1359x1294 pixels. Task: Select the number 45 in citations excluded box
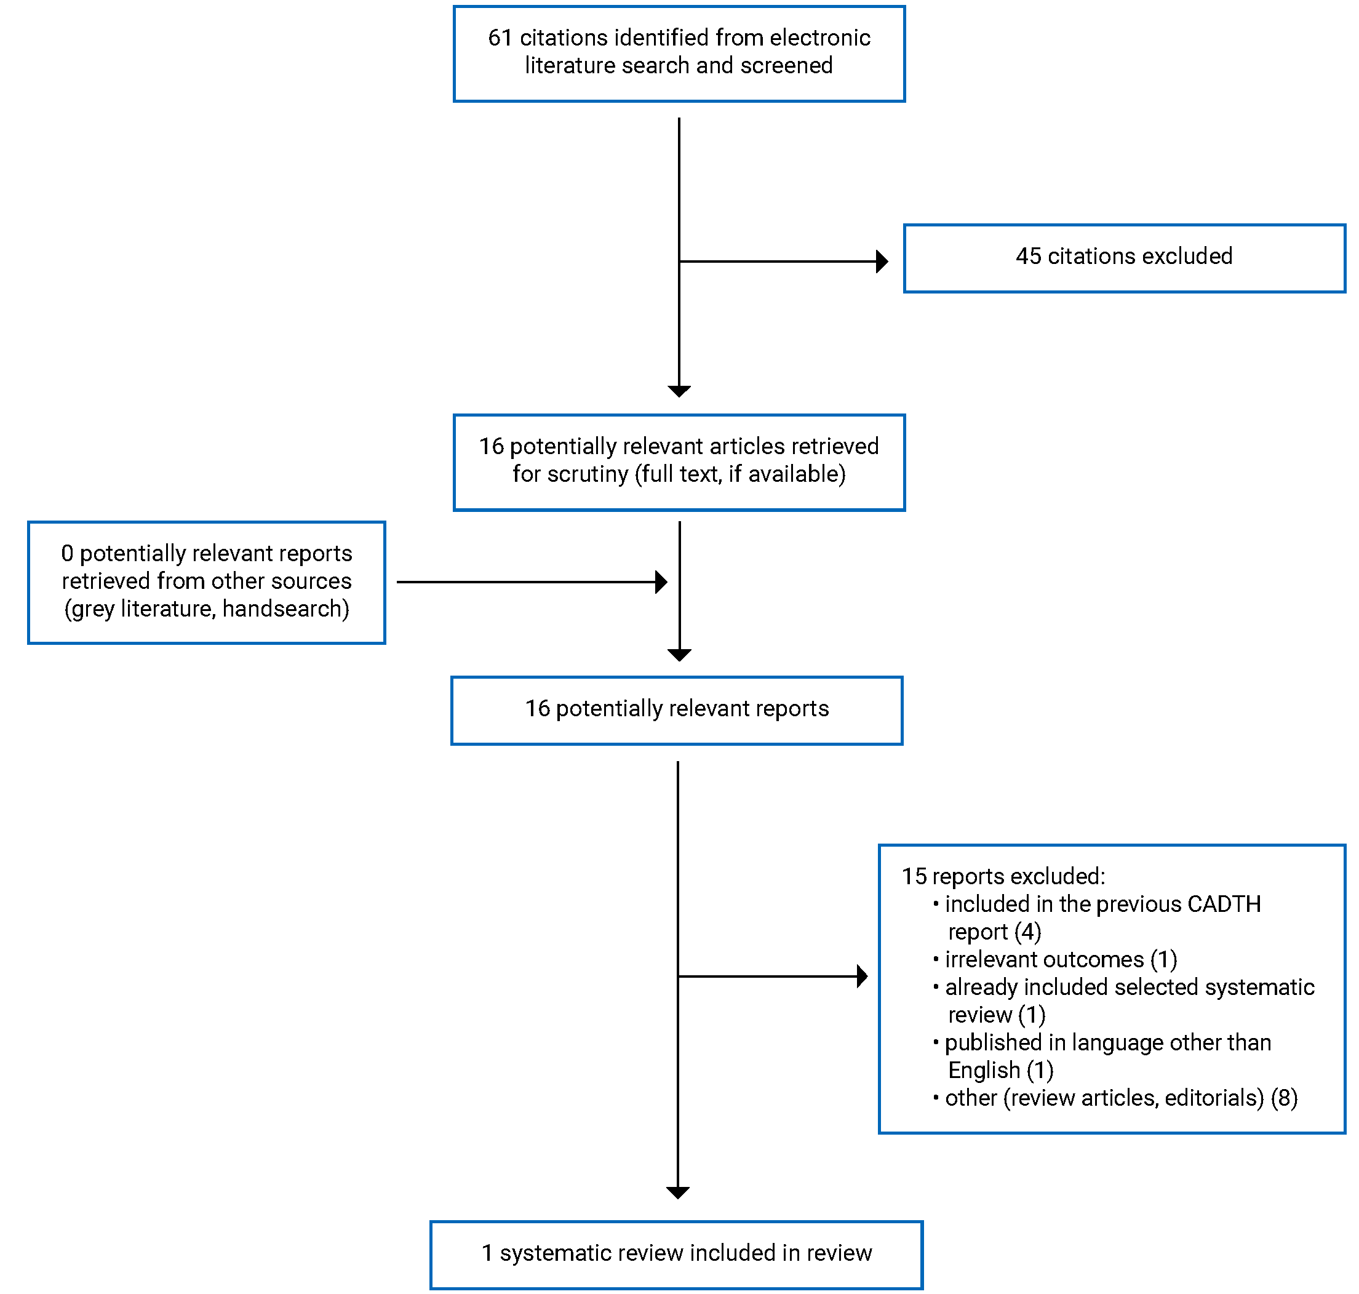1027,256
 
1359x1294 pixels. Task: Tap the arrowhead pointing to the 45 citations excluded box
881,262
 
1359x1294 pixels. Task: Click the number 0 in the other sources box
67,553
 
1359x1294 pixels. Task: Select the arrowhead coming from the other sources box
661,581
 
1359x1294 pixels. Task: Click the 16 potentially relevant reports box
676,710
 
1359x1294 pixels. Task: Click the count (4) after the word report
1027,931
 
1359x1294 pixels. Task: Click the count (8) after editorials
1284,1098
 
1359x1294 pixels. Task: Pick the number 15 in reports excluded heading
914,876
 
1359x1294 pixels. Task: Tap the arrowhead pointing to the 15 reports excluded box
861,976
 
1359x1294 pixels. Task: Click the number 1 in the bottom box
487,1253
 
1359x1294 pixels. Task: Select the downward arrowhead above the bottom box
678,1192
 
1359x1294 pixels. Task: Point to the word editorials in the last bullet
1214,1098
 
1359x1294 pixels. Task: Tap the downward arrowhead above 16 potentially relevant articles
679,391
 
